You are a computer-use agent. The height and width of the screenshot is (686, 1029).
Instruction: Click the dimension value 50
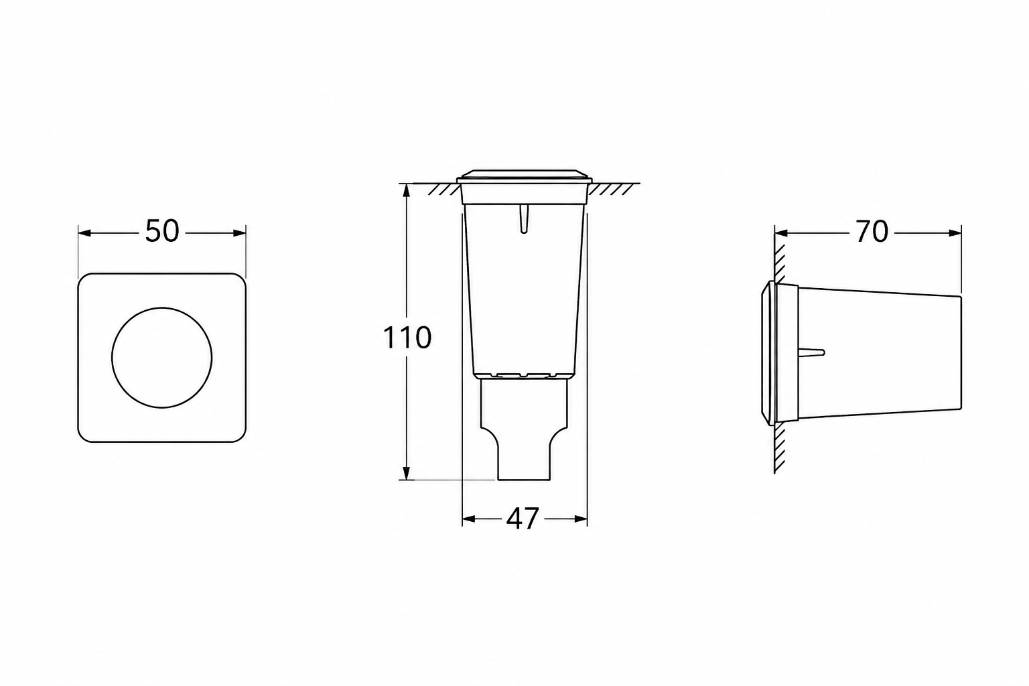click(161, 231)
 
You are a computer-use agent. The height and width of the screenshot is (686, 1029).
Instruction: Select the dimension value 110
click(407, 338)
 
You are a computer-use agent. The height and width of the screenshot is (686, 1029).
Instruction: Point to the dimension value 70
click(872, 232)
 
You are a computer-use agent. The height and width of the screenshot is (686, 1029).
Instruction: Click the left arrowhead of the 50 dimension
click(84, 233)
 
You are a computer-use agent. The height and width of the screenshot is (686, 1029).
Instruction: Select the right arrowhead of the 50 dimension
click(239, 233)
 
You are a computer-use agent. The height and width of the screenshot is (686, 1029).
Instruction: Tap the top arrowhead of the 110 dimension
click(406, 191)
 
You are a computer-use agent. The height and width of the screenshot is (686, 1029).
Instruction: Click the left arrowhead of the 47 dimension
click(468, 519)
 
